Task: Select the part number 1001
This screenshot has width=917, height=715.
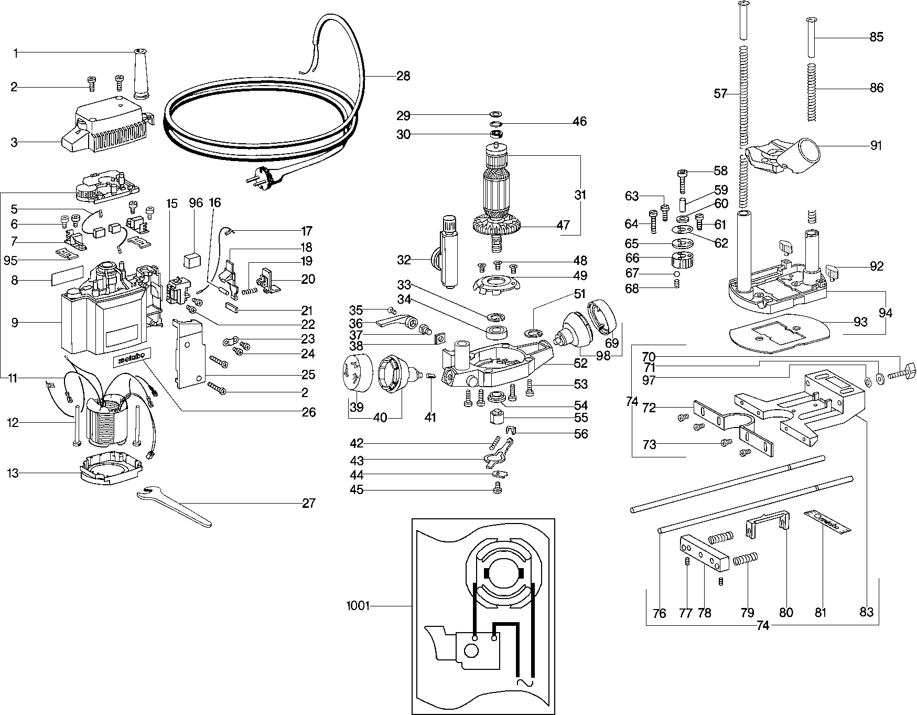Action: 358,606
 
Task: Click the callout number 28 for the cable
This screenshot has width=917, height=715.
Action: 403,76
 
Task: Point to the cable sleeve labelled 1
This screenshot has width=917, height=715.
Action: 141,73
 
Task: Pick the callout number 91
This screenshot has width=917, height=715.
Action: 876,145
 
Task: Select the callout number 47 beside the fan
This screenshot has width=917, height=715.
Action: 563,226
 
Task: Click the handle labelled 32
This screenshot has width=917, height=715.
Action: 447,252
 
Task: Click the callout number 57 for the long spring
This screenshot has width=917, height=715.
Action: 721,94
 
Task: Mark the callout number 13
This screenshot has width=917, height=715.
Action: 13,474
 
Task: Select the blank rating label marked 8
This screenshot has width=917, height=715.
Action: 68,276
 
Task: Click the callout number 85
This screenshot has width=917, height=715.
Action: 877,37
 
